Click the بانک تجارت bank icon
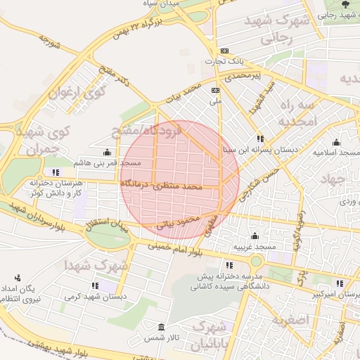(224, 51)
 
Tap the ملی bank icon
(215, 90)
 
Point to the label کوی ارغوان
(76, 92)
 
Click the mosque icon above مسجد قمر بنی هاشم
(107, 152)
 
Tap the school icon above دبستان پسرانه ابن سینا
(260, 139)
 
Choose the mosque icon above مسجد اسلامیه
(336, 142)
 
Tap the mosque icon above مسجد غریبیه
(255, 236)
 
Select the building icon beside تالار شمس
(162, 328)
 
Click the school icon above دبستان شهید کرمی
(94, 285)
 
